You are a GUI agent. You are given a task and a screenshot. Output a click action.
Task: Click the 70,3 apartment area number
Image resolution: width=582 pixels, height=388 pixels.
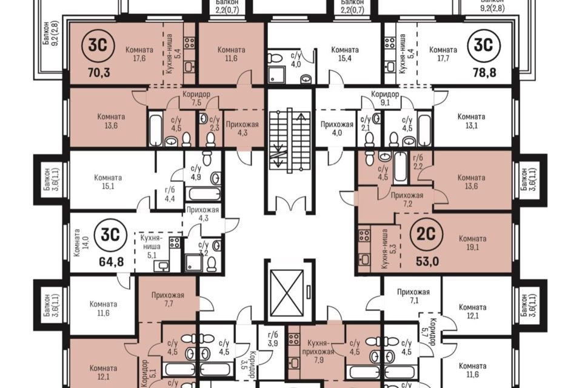pyautogui.click(x=99, y=72)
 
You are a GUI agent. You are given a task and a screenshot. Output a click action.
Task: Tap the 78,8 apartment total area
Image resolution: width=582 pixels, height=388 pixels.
pyautogui.click(x=484, y=72)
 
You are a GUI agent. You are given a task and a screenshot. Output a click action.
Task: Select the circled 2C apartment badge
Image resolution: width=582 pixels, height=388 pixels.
pyautogui.click(x=426, y=234)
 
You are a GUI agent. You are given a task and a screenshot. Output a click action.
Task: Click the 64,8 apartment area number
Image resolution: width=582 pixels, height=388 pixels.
pyautogui.click(x=111, y=261)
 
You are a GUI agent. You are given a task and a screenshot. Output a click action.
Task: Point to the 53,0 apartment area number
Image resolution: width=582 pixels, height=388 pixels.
pyautogui.click(x=427, y=261)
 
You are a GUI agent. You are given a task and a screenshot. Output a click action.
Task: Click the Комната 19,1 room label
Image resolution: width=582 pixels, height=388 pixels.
pyautogui.click(x=472, y=243)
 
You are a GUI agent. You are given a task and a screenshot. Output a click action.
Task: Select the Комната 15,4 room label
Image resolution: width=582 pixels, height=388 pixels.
pyautogui.click(x=345, y=54)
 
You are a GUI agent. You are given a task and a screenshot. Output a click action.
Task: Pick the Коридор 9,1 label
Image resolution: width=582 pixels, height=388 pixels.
pyautogui.click(x=386, y=98)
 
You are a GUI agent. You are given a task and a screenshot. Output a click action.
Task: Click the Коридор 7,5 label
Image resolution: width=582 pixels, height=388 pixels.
pyautogui.click(x=196, y=98)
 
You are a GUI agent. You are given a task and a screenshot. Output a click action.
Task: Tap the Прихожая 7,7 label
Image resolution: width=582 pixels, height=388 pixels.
pyautogui.click(x=168, y=299)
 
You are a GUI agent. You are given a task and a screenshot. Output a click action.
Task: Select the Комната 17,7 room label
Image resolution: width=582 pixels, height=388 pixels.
pyautogui.click(x=443, y=54)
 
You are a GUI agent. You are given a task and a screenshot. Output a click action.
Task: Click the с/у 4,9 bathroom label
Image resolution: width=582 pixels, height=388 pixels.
pyautogui.click(x=196, y=173)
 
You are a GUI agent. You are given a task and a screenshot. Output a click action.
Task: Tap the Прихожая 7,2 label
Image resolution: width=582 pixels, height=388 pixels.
pyautogui.click(x=407, y=199)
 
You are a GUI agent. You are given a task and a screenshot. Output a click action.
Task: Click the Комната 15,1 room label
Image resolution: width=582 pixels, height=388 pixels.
pyautogui.click(x=108, y=182)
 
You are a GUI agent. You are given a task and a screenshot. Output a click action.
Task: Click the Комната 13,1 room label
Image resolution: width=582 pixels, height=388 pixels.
pyautogui.click(x=472, y=121)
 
